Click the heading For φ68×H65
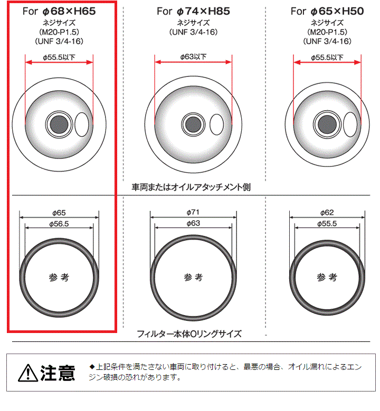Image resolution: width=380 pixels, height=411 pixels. click(x=59, y=11)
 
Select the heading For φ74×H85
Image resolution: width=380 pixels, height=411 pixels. click(x=193, y=11)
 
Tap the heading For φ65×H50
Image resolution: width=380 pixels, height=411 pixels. click(x=327, y=11)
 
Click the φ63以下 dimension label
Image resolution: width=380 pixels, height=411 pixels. click(x=193, y=56)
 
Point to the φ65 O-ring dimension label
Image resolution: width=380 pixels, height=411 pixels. click(x=59, y=213)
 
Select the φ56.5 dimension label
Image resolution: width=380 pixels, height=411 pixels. click(x=59, y=224)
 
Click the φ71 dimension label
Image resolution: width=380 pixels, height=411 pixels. click(x=193, y=212)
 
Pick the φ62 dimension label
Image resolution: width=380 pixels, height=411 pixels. click(x=327, y=212)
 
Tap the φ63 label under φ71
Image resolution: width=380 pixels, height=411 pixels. click(x=193, y=223)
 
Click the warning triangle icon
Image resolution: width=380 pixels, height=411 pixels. click(x=28, y=373)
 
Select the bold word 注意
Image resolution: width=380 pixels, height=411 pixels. click(x=58, y=373)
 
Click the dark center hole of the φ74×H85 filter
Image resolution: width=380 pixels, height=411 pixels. click(x=193, y=124)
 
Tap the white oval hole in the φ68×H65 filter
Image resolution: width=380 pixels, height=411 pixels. click(x=82, y=124)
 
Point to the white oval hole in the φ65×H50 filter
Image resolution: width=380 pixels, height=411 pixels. click(x=350, y=124)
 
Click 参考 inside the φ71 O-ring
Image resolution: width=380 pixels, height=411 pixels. click(x=193, y=277)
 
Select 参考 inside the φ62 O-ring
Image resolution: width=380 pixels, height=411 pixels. click(x=327, y=277)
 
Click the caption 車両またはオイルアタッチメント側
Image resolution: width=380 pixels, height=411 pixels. click(x=191, y=187)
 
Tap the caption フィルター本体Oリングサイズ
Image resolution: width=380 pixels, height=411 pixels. click(x=189, y=334)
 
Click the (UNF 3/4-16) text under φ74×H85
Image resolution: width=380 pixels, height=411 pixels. click(x=194, y=32)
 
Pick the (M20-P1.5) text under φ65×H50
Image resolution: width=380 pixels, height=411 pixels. click(x=327, y=32)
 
